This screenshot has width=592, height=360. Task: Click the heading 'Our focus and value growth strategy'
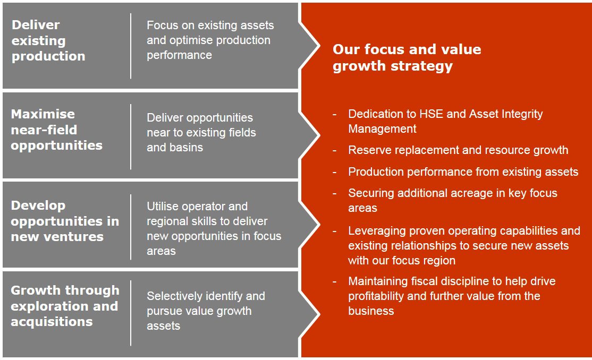tap(407, 57)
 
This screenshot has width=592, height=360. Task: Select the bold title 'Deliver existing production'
tap(48, 40)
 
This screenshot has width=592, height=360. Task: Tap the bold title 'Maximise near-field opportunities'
tap(56, 130)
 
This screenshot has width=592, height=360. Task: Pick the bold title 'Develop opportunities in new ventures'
tap(64, 221)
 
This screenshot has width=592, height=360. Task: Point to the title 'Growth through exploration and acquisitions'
tap(65, 306)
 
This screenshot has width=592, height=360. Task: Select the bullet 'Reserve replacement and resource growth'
tap(458, 150)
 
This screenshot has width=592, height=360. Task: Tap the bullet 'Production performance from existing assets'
tap(463, 172)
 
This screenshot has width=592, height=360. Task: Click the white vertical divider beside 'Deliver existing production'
tap(131, 46)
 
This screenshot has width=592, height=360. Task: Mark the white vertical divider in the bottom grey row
tap(131, 313)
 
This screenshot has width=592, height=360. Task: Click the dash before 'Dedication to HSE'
tap(335, 114)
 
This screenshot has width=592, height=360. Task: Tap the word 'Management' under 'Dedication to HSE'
tap(382, 129)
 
